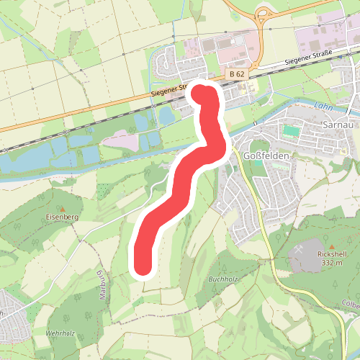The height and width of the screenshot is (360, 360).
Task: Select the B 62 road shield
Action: pyautogui.click(x=238, y=74)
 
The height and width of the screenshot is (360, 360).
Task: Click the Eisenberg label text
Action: pyautogui.click(x=60, y=216)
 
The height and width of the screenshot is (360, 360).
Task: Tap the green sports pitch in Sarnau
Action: pyautogui.click(x=290, y=131)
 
